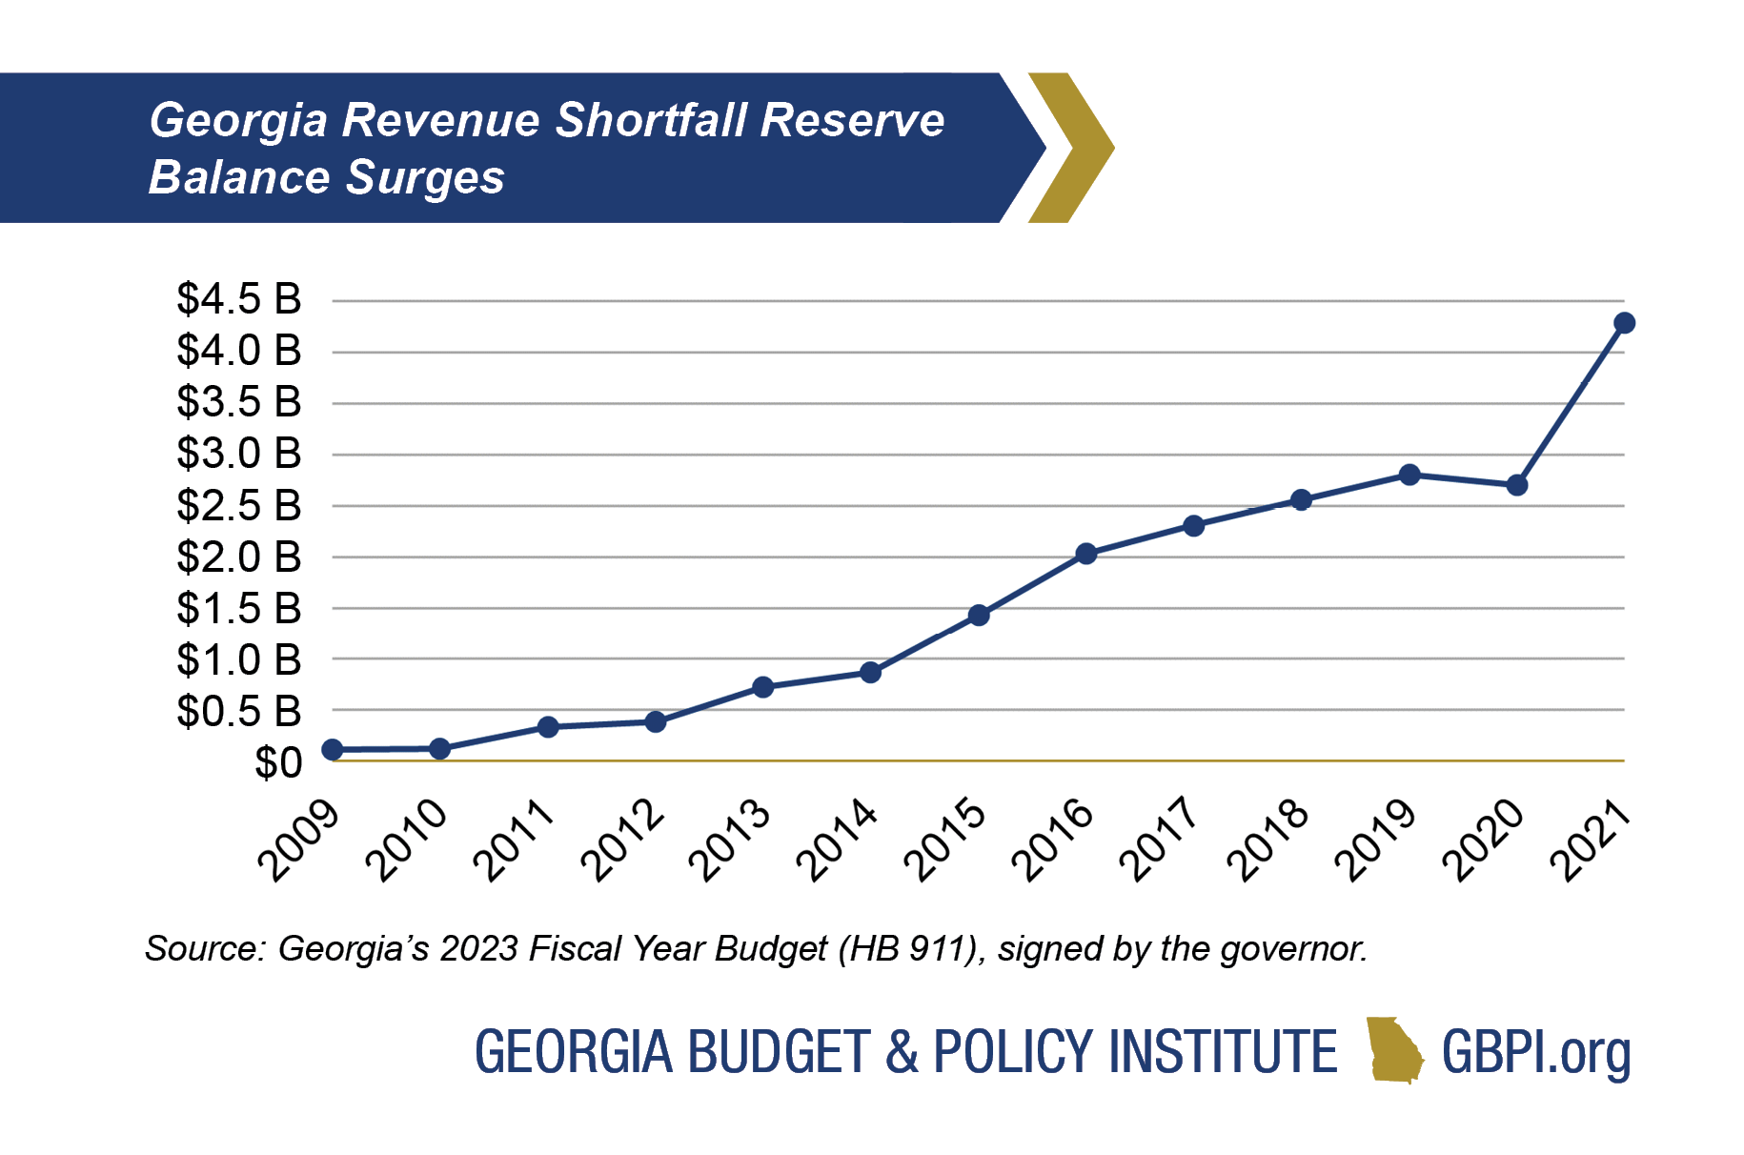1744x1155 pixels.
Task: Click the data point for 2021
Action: [x=1624, y=323]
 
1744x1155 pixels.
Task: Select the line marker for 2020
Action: [x=1517, y=485]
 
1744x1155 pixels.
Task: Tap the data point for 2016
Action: [x=1085, y=554]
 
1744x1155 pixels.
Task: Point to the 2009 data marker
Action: [x=333, y=750]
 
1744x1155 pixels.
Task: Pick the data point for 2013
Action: [x=762, y=687]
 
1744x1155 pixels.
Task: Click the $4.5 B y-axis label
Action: [x=239, y=299]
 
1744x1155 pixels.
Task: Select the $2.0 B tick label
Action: [x=239, y=557]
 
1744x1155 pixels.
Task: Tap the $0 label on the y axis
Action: [x=278, y=763]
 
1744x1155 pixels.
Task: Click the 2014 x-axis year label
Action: [x=837, y=840]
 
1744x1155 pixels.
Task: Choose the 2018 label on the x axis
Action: [x=1267, y=840]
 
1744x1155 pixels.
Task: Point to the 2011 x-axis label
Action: [x=515, y=840]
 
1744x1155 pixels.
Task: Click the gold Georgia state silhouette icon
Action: [x=1393, y=1050]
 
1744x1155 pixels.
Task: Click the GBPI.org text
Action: [x=1535, y=1052]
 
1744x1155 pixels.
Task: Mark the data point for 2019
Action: [x=1409, y=475]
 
